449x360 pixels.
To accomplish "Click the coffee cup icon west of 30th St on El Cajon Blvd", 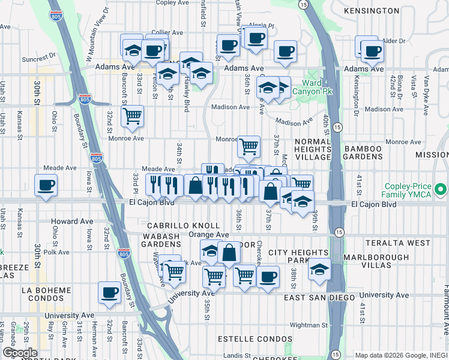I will (46, 185).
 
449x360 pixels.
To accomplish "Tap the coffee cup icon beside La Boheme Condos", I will (109, 293).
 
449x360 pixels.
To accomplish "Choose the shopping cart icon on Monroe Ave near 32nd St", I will (132, 116).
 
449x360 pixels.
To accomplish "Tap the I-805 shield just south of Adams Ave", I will (85, 97).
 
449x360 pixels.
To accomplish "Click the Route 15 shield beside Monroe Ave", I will (337, 127).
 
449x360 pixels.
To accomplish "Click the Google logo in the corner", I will (20, 353).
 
